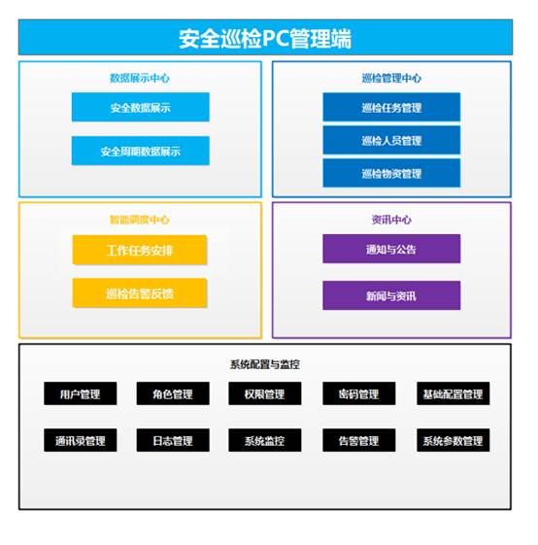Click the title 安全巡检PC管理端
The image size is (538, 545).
(x=265, y=38)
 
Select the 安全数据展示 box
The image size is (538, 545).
(x=141, y=107)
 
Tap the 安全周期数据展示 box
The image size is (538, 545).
(x=141, y=151)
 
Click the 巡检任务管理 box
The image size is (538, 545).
(x=391, y=107)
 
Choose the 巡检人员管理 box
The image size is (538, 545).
(x=391, y=140)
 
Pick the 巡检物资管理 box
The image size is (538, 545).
(x=391, y=173)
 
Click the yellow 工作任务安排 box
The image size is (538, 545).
(x=140, y=250)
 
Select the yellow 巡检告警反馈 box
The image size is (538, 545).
(x=140, y=293)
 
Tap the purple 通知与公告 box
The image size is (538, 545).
(x=391, y=249)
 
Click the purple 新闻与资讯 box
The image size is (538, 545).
(x=391, y=295)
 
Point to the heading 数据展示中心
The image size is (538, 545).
(x=140, y=78)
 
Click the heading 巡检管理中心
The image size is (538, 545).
(x=391, y=78)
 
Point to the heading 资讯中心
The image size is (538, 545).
(x=391, y=220)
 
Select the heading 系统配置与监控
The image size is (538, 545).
(x=265, y=364)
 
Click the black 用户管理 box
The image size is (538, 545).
(x=81, y=393)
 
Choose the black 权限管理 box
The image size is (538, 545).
(x=265, y=393)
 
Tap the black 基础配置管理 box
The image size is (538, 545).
(x=454, y=393)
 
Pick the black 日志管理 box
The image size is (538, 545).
(x=173, y=440)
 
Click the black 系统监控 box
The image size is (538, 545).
(x=265, y=440)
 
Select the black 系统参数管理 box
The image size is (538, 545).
(x=454, y=440)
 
